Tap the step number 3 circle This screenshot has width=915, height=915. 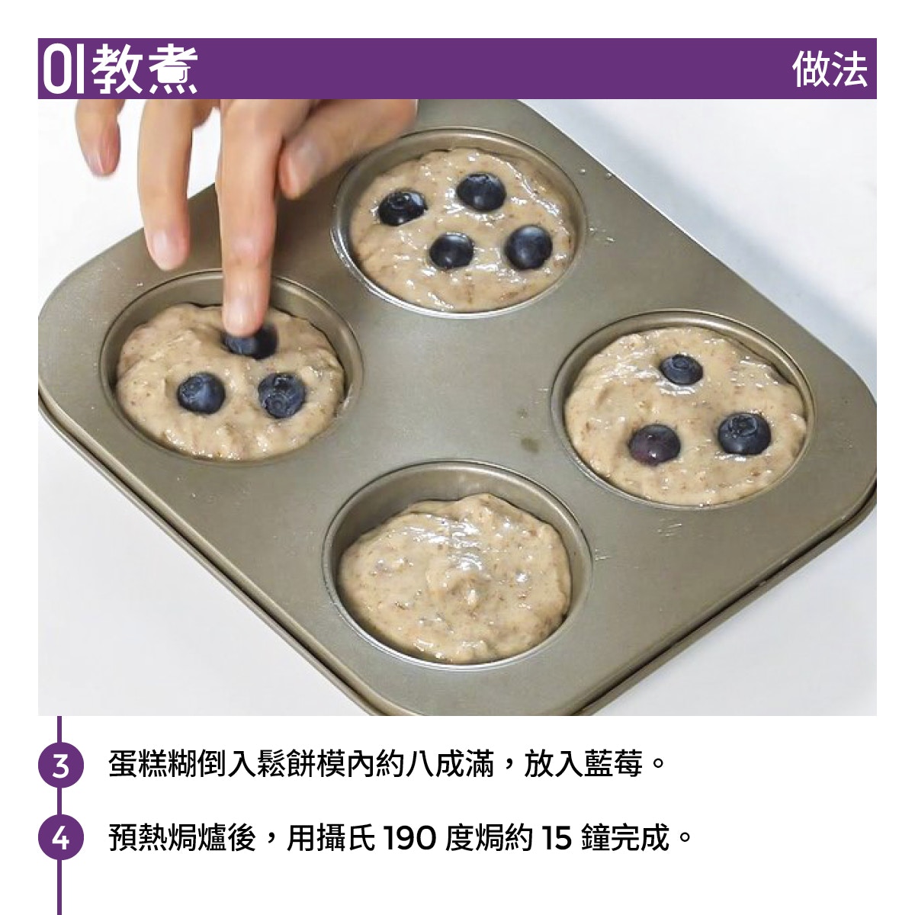61,765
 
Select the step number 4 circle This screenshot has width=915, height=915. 61,838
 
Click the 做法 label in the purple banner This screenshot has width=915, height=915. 830,69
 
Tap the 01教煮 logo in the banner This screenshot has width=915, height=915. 120,69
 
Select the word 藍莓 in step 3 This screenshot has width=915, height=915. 612,764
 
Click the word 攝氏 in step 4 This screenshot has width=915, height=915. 345,838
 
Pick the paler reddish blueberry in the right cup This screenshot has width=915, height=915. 654,445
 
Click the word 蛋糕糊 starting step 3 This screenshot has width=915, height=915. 153,764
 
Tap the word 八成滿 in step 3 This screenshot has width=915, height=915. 449,764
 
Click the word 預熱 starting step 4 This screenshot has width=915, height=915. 138,838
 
